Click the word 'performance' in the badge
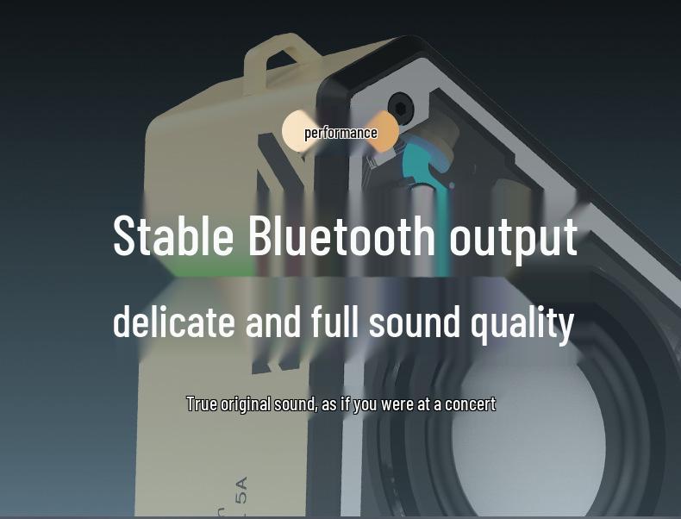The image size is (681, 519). click(x=340, y=133)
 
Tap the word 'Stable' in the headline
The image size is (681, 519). click(x=173, y=236)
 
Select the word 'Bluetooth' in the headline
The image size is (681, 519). click(x=342, y=236)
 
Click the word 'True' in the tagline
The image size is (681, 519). click(x=202, y=403)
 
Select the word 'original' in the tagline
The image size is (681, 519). click(x=247, y=403)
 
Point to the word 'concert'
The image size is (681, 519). click(x=470, y=403)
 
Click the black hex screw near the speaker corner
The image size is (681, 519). click(x=400, y=108)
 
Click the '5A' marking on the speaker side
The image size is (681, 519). click(x=241, y=490)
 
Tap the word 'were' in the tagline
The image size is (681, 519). click(x=397, y=403)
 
